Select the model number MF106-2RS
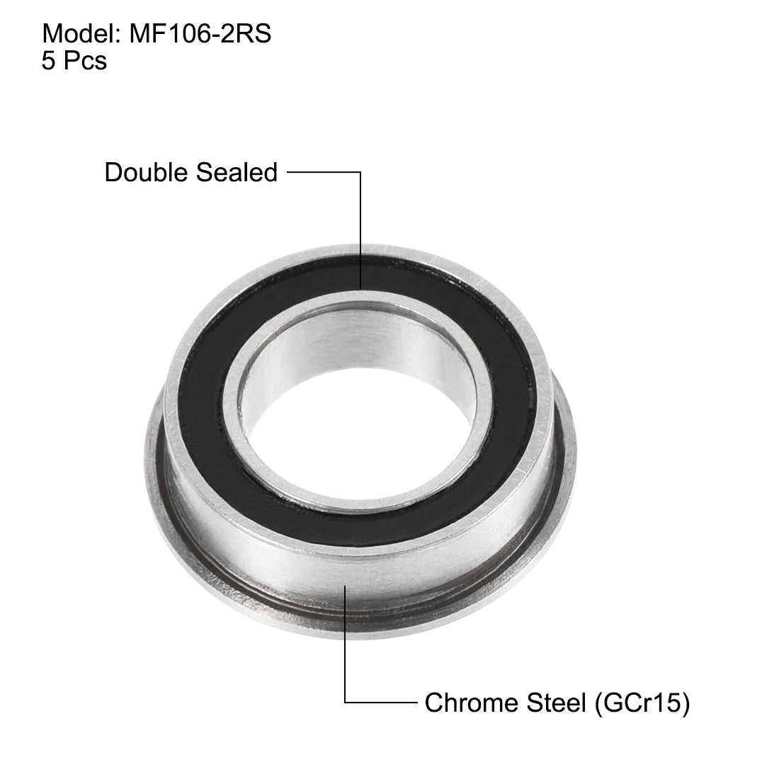coord(200,34)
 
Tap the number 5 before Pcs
coord(48,62)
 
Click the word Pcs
coord(84,62)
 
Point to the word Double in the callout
coord(144,172)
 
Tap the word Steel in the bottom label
coord(552,703)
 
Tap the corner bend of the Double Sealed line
coord(361,172)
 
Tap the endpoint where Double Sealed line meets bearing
coord(361,289)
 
